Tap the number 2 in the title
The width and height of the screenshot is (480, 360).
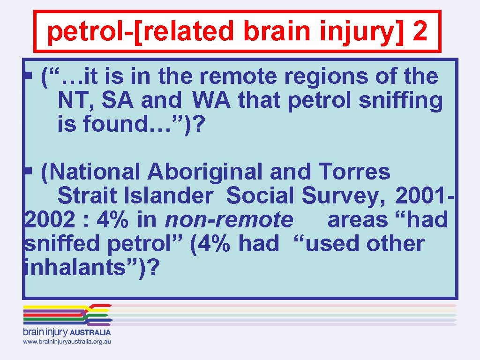click(420, 32)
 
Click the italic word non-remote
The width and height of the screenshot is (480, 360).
click(229, 220)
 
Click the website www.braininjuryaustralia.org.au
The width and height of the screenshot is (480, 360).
click(67, 342)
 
